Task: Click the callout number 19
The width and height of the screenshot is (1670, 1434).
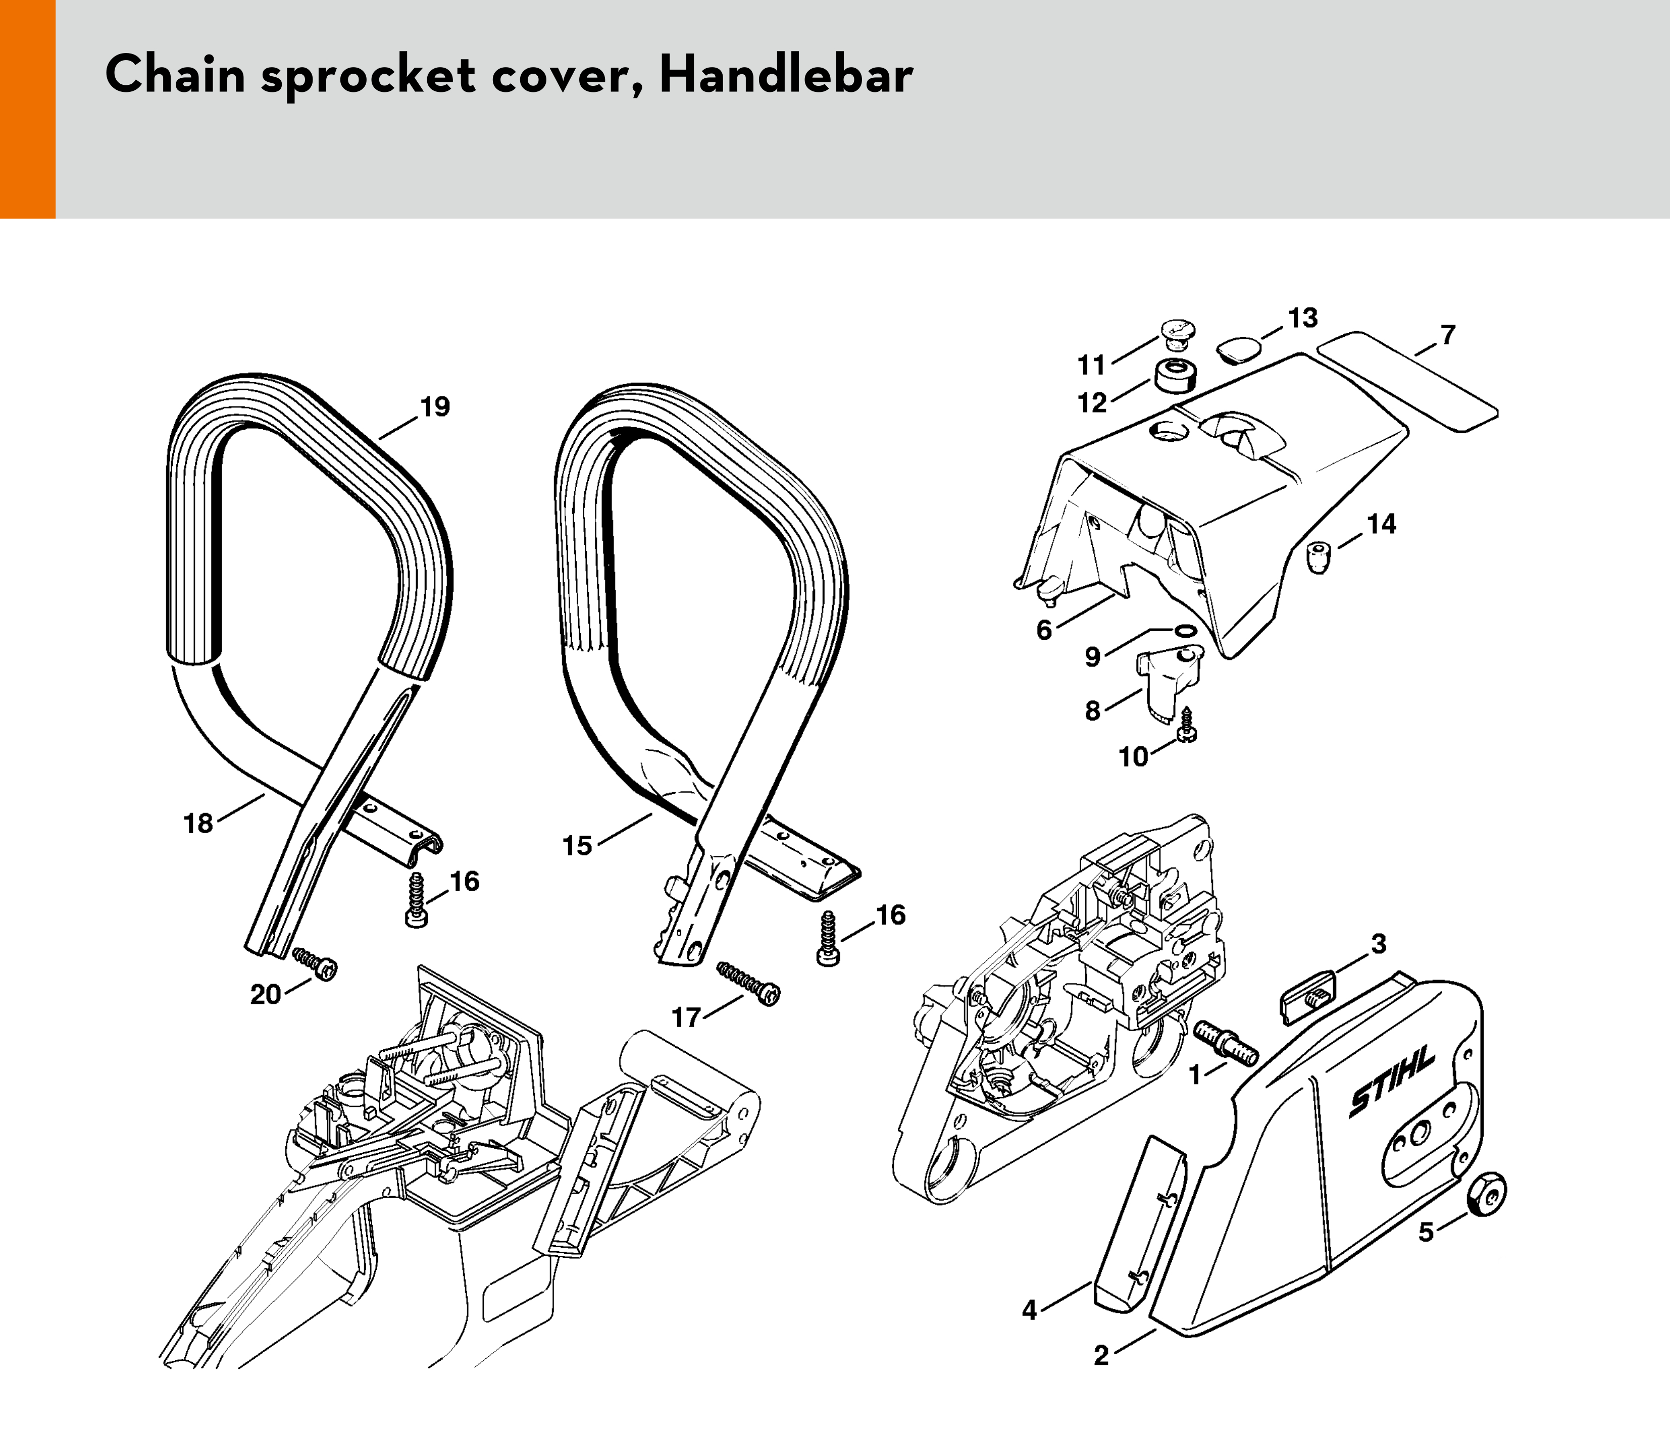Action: [x=435, y=407]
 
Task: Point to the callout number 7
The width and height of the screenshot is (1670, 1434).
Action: [x=1447, y=335]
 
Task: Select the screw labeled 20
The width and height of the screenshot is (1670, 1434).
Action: [x=314, y=963]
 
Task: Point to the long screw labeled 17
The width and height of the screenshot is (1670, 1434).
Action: [x=748, y=984]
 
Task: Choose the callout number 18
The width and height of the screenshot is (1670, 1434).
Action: [x=198, y=823]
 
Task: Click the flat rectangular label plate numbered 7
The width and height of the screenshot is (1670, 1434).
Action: [x=1407, y=381]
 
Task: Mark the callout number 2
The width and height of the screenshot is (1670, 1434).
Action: [x=1101, y=1356]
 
